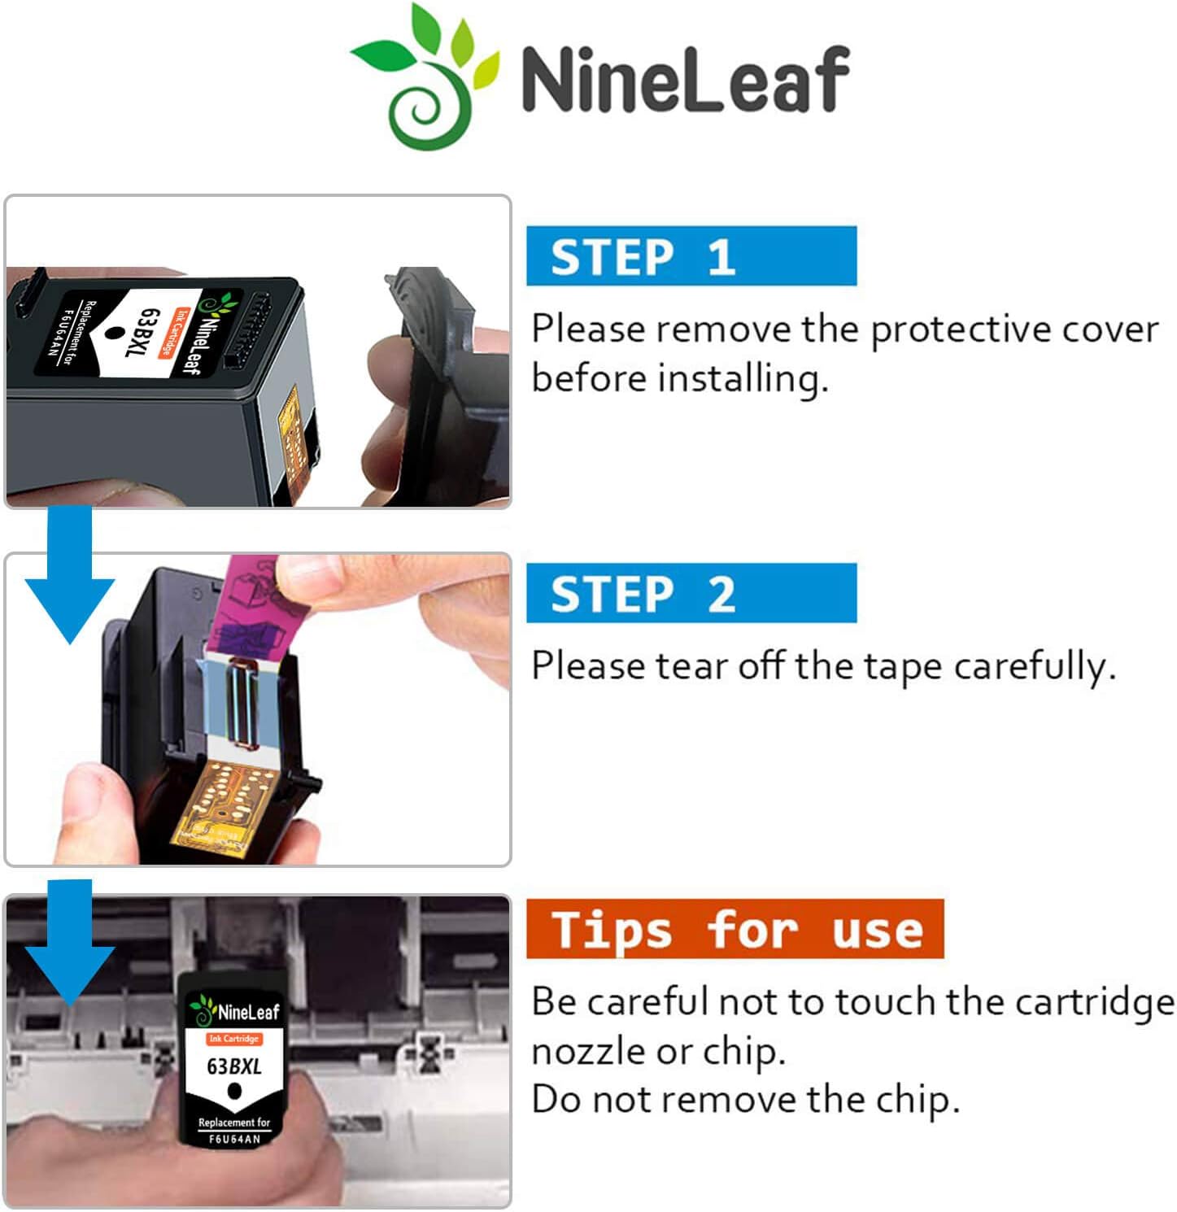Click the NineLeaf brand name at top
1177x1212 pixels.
tap(685, 79)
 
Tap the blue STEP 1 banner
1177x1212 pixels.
tap(691, 256)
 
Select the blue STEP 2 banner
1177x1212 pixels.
tap(691, 593)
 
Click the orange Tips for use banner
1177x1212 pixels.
tap(735, 929)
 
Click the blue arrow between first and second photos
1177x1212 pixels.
tap(69, 578)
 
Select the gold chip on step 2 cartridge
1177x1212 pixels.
tap(216, 805)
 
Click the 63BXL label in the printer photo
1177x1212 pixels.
tap(234, 1066)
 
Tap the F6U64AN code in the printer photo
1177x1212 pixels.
tap(234, 1139)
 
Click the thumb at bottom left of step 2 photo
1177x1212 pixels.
tap(89, 793)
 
